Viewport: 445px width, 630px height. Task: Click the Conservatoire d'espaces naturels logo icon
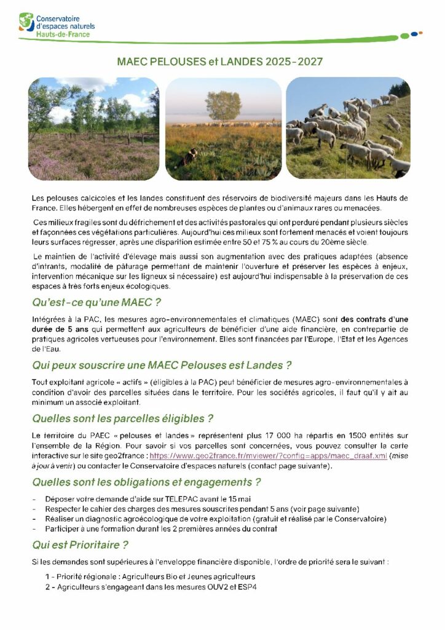26,22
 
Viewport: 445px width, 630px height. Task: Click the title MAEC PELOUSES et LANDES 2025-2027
220,62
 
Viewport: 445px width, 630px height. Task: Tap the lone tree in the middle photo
223,105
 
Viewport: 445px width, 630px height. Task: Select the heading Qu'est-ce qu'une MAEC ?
96,303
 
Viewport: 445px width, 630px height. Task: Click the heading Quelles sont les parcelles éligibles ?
122,419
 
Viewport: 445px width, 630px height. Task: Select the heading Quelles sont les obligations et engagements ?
146,482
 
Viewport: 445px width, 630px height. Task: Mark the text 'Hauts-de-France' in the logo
63,34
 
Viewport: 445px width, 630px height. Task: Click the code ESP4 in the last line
247,587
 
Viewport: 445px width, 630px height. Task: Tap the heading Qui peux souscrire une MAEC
161,365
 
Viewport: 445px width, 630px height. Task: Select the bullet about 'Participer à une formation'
161,528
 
